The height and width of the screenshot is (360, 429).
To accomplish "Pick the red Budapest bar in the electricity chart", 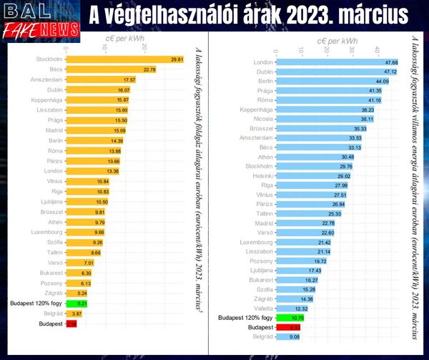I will [x=287, y=326].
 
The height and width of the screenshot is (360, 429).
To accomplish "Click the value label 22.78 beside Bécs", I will [x=149, y=69].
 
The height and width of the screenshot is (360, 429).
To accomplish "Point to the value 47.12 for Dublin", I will [x=390, y=72].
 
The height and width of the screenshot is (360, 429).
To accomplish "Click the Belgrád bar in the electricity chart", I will [x=286, y=336].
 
